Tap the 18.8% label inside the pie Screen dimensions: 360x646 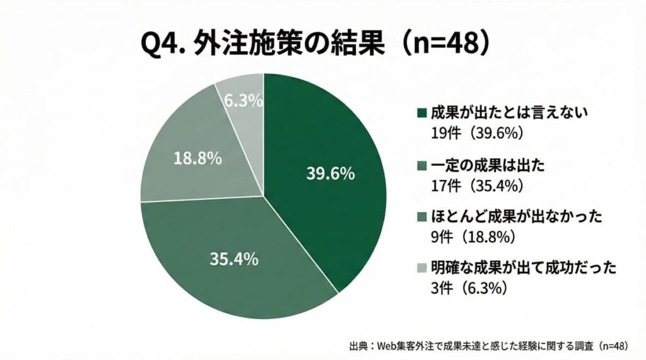click(197, 158)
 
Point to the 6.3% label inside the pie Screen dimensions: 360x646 click(244, 100)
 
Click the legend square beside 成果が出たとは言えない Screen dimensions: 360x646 click(421, 113)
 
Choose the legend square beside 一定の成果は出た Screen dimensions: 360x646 click(421, 166)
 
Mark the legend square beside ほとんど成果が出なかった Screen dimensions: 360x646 click(421, 219)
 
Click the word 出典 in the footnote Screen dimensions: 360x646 click(358, 345)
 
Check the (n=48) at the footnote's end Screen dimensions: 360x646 click(613, 345)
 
